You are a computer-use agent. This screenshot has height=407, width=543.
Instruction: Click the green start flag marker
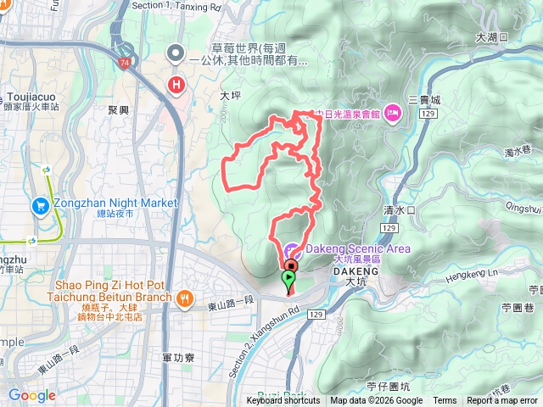(288, 278)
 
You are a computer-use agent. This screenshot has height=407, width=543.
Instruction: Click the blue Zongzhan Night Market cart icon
(40, 205)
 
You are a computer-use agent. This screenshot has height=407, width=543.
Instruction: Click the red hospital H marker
(176, 85)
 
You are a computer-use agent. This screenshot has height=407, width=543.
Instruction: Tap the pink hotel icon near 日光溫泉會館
(392, 113)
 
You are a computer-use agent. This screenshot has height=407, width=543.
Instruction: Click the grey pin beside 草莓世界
(176, 54)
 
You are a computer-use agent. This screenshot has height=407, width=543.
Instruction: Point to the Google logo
(32, 395)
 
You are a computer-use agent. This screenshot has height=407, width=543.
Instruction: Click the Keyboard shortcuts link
(283, 401)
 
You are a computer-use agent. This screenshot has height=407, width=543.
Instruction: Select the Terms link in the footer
(445, 401)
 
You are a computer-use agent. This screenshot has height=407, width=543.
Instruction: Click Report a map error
(502, 401)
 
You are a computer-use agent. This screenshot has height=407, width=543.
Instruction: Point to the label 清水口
(398, 209)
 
